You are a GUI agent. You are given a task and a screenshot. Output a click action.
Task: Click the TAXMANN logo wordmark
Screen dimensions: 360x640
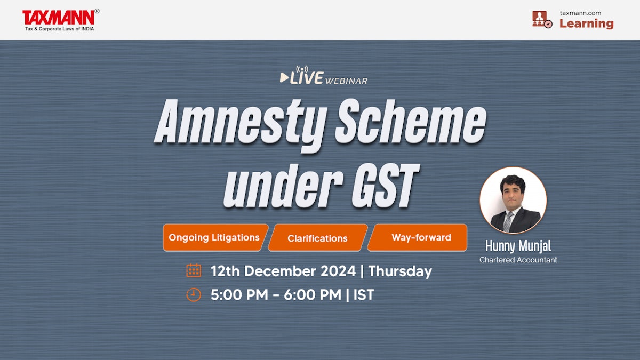point(58,17)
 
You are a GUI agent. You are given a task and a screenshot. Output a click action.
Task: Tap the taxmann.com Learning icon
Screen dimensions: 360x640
point(542,19)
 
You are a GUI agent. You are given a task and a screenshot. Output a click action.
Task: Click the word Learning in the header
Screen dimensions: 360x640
point(586,23)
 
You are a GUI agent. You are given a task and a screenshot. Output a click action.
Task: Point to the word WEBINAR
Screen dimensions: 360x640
point(346,81)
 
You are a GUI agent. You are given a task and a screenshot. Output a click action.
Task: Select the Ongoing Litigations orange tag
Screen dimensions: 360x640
point(214,237)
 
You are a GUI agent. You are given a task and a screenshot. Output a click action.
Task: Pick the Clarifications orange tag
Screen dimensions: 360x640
point(317,238)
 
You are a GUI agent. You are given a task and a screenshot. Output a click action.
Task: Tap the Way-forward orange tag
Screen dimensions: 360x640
point(421,237)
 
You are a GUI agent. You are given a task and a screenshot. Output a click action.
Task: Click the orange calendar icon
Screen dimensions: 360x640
point(194,270)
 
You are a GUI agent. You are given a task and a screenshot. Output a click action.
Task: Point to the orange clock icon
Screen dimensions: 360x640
point(194,294)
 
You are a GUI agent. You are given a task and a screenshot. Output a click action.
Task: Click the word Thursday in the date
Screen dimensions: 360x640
point(399,271)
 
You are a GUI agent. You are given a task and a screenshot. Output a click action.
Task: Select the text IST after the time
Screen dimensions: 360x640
point(363,295)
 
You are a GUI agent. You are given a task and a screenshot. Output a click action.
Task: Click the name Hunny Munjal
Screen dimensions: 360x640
point(518,246)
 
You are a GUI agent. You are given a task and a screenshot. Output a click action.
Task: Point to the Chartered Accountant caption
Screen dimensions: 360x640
point(518,260)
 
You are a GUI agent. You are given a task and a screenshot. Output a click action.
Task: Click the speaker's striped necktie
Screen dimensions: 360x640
point(508,221)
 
